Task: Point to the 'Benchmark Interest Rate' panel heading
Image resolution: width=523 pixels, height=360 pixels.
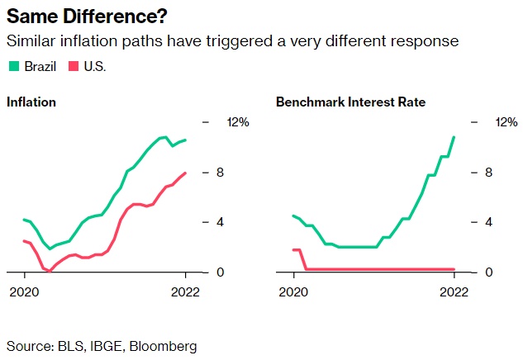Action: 350,102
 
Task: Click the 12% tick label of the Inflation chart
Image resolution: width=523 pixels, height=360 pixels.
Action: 238,122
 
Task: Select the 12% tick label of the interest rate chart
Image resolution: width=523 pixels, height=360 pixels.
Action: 506,122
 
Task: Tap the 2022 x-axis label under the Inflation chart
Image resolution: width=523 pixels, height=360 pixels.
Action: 186,292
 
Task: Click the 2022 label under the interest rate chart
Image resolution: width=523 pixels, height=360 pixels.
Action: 454,292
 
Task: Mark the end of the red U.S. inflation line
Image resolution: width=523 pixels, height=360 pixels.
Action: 186,173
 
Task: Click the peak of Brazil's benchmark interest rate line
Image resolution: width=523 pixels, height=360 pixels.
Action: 454,137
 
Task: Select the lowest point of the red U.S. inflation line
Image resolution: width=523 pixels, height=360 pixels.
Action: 49,271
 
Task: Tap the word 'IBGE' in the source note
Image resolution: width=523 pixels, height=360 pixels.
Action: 102,345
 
